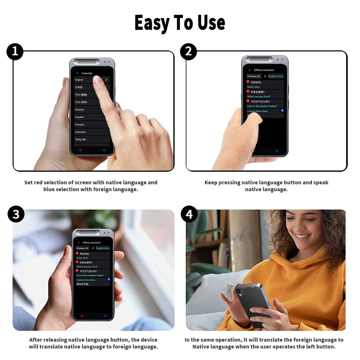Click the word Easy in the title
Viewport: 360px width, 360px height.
point(151,23)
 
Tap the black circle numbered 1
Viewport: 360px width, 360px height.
point(15,51)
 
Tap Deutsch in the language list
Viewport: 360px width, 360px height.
point(80,110)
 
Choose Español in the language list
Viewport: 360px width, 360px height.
point(80,117)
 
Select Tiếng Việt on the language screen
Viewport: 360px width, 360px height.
point(81,140)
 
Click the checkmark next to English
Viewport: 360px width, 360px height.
point(107,80)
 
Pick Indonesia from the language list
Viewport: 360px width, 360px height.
point(81,132)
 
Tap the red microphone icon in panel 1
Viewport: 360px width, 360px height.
point(80,150)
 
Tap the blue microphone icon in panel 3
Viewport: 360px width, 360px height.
point(105,316)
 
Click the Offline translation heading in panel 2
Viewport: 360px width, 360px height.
point(264,70)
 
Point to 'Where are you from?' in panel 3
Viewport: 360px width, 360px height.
point(87,267)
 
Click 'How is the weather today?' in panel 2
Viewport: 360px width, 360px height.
point(262,107)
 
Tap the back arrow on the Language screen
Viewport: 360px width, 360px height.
point(77,73)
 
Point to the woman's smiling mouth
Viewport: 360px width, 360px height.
point(303,236)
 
